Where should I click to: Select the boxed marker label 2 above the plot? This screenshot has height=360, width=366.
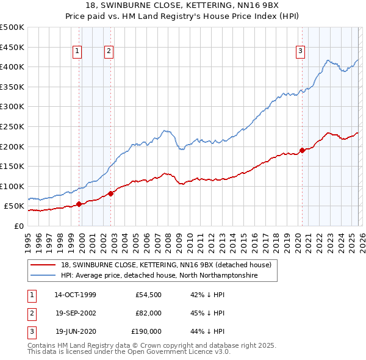pyautogui.click(x=109, y=52)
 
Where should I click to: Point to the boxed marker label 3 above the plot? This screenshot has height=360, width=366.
pyautogui.click(x=301, y=52)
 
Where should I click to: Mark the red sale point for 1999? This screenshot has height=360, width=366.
pyautogui.click(x=79, y=204)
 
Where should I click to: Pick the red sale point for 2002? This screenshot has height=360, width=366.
pyautogui.click(x=110, y=193)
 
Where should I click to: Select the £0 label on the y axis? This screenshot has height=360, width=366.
pyautogui.click(x=18, y=226)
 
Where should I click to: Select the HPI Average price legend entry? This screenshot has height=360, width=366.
pyautogui.click(x=159, y=276)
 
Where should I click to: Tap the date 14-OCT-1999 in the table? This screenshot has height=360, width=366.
pyautogui.click(x=75, y=295)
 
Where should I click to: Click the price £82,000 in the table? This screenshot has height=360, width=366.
pyautogui.click(x=148, y=314)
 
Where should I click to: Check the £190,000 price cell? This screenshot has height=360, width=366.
pyautogui.click(x=146, y=332)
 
